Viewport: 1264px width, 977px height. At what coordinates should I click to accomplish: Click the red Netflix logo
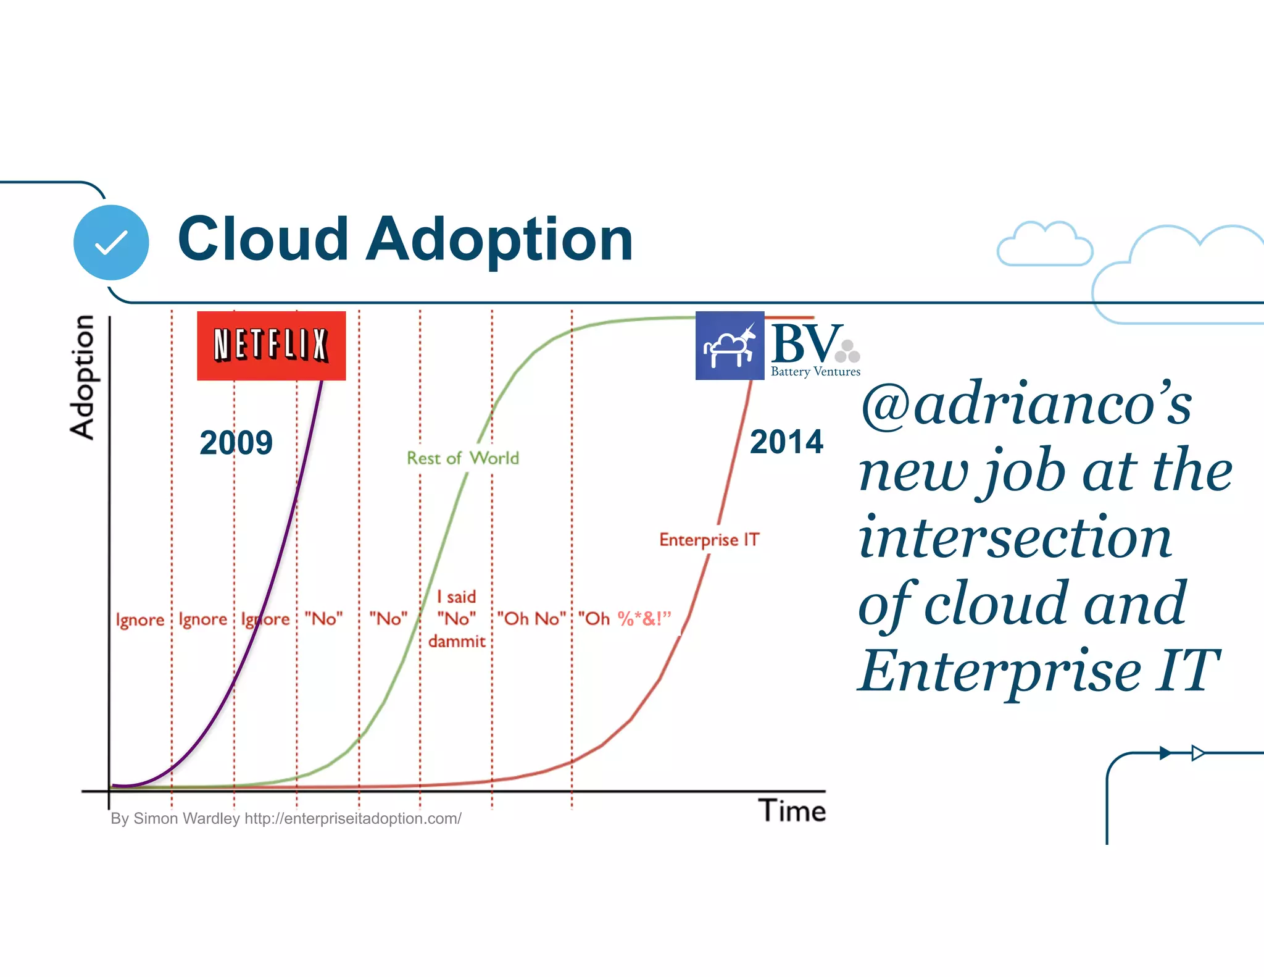coord(271,345)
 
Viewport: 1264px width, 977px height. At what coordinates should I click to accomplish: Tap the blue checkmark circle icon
coord(111,242)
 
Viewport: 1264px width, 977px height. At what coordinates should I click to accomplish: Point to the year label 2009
coord(236,442)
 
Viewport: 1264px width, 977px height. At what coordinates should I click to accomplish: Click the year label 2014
coord(786,442)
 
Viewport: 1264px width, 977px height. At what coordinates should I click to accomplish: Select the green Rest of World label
coord(462,458)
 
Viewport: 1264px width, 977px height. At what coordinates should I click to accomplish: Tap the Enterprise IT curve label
coord(709,539)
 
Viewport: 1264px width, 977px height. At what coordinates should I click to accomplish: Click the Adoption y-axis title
coord(82,377)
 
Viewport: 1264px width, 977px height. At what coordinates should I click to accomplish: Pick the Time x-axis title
coord(792,810)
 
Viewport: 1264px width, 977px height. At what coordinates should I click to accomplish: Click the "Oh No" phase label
coord(531,618)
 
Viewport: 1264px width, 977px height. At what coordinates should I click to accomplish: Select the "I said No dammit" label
coord(457,618)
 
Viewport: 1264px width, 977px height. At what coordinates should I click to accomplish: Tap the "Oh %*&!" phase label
coord(624,618)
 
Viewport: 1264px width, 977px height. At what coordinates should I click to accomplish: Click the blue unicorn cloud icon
coord(730,346)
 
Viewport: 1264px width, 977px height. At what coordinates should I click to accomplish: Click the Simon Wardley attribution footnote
coord(286,818)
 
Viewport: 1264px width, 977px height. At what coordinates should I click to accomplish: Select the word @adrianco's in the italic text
coord(1026,405)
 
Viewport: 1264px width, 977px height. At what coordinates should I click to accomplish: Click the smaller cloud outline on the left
coord(1044,245)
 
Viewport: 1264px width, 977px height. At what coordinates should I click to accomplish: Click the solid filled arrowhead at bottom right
coord(1165,753)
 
